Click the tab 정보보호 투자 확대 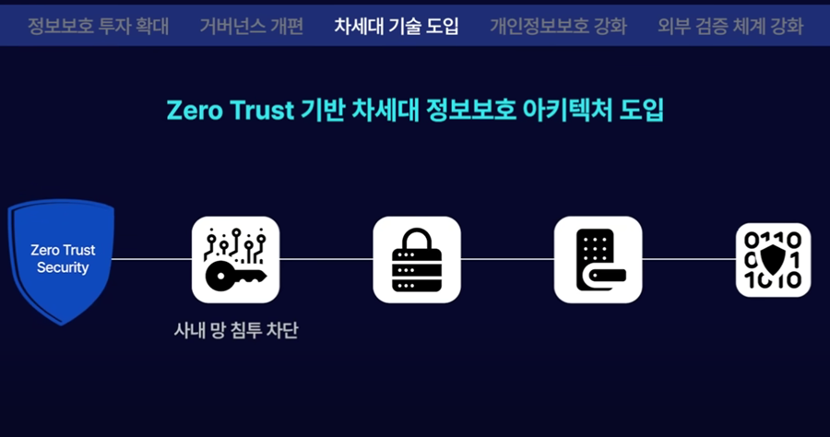click(98, 26)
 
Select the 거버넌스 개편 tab click(251, 26)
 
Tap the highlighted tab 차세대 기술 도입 click(397, 26)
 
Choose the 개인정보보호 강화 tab click(558, 26)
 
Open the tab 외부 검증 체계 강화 click(730, 26)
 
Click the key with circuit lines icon click(235, 259)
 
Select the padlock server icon click(416, 259)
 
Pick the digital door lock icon click(598, 259)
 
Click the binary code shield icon click(773, 260)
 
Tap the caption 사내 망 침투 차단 click(236, 328)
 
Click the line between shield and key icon click(152, 259)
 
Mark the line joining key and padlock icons click(326, 259)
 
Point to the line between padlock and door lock click(506, 259)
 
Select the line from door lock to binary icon click(688, 259)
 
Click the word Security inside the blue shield click(63, 268)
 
